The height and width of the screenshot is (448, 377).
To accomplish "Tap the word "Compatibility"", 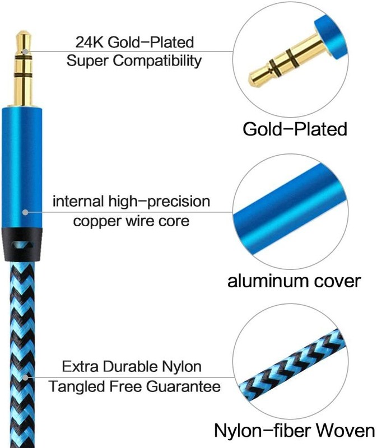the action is pos(157,61).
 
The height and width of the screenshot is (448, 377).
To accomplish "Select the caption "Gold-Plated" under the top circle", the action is pos(295,129).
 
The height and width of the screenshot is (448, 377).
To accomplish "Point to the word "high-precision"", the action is pos(159,202).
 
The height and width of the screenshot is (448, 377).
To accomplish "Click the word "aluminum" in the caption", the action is pos(268,281).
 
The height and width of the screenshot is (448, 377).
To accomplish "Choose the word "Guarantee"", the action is pos(183,386).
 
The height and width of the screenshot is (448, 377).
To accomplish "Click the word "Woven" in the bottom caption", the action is pos(343,438).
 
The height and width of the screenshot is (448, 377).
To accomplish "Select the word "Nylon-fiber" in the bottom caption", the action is pos(260,439).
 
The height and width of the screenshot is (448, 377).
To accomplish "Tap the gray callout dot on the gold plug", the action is pos(26,52).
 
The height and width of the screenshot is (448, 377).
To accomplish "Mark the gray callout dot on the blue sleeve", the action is pos(25,212).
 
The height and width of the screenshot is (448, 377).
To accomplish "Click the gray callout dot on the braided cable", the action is pos(26,377).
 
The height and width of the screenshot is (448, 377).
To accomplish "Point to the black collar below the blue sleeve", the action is pos(22,244).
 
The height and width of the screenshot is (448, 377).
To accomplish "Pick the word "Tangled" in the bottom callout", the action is pos(77,386).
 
